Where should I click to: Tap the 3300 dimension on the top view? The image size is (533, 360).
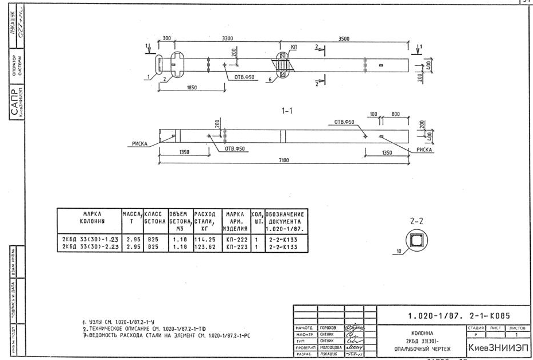click(227, 39)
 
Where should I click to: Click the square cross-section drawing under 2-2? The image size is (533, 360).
click(417, 239)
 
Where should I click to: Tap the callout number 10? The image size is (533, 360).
click(398, 252)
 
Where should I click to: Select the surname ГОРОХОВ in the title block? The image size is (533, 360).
click(329, 327)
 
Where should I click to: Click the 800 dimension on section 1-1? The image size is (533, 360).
click(396, 115)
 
